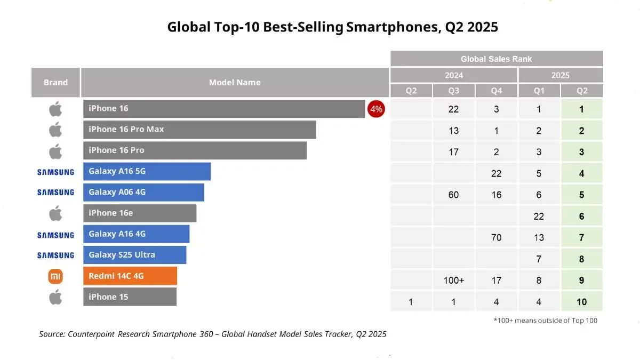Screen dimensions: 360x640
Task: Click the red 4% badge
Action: (376, 109)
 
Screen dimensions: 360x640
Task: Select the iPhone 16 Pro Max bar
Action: (199, 130)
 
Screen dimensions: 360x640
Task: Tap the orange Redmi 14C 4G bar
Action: (130, 276)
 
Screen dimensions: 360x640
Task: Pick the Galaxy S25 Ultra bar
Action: (134, 255)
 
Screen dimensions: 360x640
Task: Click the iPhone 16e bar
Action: (140, 213)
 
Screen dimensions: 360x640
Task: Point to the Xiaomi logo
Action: (55, 276)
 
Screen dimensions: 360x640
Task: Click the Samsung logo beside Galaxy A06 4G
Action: (55, 193)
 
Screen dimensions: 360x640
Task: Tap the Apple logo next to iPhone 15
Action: (55, 297)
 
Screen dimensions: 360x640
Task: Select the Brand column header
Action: (55, 82)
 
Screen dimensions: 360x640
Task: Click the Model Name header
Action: (235, 82)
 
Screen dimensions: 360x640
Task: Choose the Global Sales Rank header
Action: (496, 59)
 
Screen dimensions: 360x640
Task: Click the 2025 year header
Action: (561, 75)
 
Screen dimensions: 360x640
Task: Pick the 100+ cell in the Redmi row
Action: (454, 281)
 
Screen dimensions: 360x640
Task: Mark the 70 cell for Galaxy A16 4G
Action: (497, 238)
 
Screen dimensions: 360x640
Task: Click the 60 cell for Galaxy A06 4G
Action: (454, 195)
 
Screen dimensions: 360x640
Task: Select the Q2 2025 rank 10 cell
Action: (582, 302)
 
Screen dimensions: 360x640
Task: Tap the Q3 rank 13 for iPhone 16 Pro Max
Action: (454, 131)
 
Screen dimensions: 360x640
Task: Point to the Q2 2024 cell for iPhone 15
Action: (411, 302)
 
